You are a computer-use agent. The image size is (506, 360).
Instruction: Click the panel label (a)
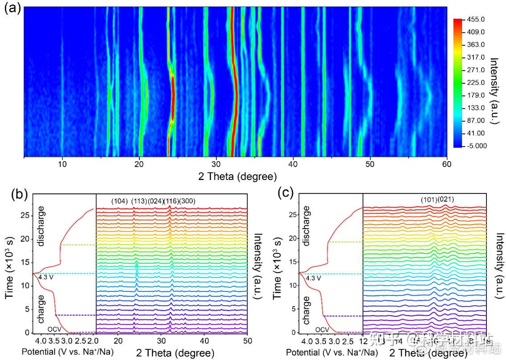tap(12, 9)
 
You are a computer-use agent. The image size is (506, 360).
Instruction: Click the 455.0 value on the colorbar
tap(476, 20)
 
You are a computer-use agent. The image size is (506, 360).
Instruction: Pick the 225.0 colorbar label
tap(476, 83)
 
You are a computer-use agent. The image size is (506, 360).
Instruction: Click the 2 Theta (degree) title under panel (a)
tap(238, 176)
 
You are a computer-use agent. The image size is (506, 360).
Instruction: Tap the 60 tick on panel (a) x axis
tap(446, 164)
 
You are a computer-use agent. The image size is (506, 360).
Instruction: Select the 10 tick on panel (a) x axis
tap(62, 164)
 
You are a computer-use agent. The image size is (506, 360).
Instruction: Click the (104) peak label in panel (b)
tap(119, 202)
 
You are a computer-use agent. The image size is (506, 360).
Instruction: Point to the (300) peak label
tap(187, 202)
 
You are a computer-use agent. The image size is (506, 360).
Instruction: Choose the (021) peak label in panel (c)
tap(445, 200)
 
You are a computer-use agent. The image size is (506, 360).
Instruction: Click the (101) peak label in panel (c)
tap(429, 200)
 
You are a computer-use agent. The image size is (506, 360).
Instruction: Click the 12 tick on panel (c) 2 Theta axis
tap(363, 341)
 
